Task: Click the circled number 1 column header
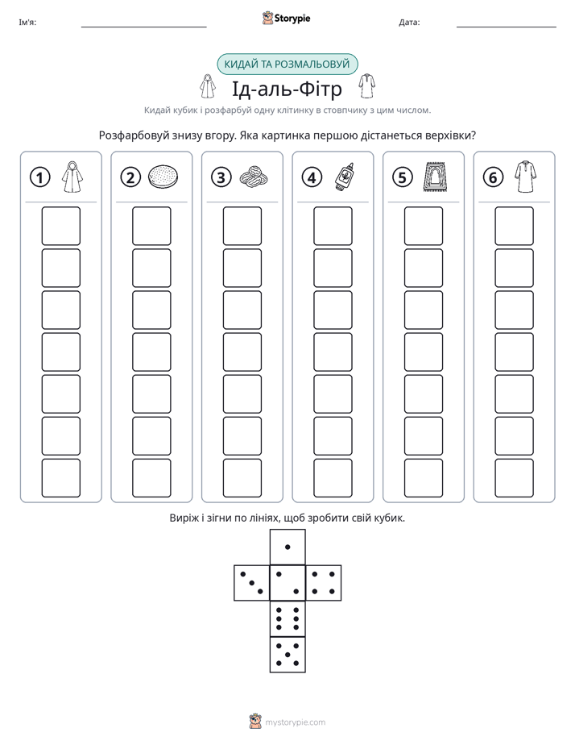(x=39, y=177)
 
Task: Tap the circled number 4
(x=312, y=177)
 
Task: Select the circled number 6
(x=493, y=177)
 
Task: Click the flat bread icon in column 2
(x=163, y=177)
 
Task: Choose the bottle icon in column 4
(x=345, y=177)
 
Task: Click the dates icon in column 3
(x=254, y=177)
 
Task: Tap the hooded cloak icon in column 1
(x=72, y=177)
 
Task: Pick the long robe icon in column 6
(x=526, y=177)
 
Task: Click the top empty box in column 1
(x=61, y=226)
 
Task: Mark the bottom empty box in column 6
(x=515, y=478)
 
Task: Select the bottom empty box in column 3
(x=242, y=478)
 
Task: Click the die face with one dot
(x=287, y=547)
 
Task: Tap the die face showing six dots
(x=287, y=618)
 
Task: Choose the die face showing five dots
(x=287, y=654)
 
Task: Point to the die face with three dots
(x=252, y=583)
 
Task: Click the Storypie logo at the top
(x=286, y=18)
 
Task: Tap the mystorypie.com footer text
(x=295, y=722)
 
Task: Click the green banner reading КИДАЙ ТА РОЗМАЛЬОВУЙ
(x=287, y=65)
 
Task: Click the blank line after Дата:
(x=507, y=27)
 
